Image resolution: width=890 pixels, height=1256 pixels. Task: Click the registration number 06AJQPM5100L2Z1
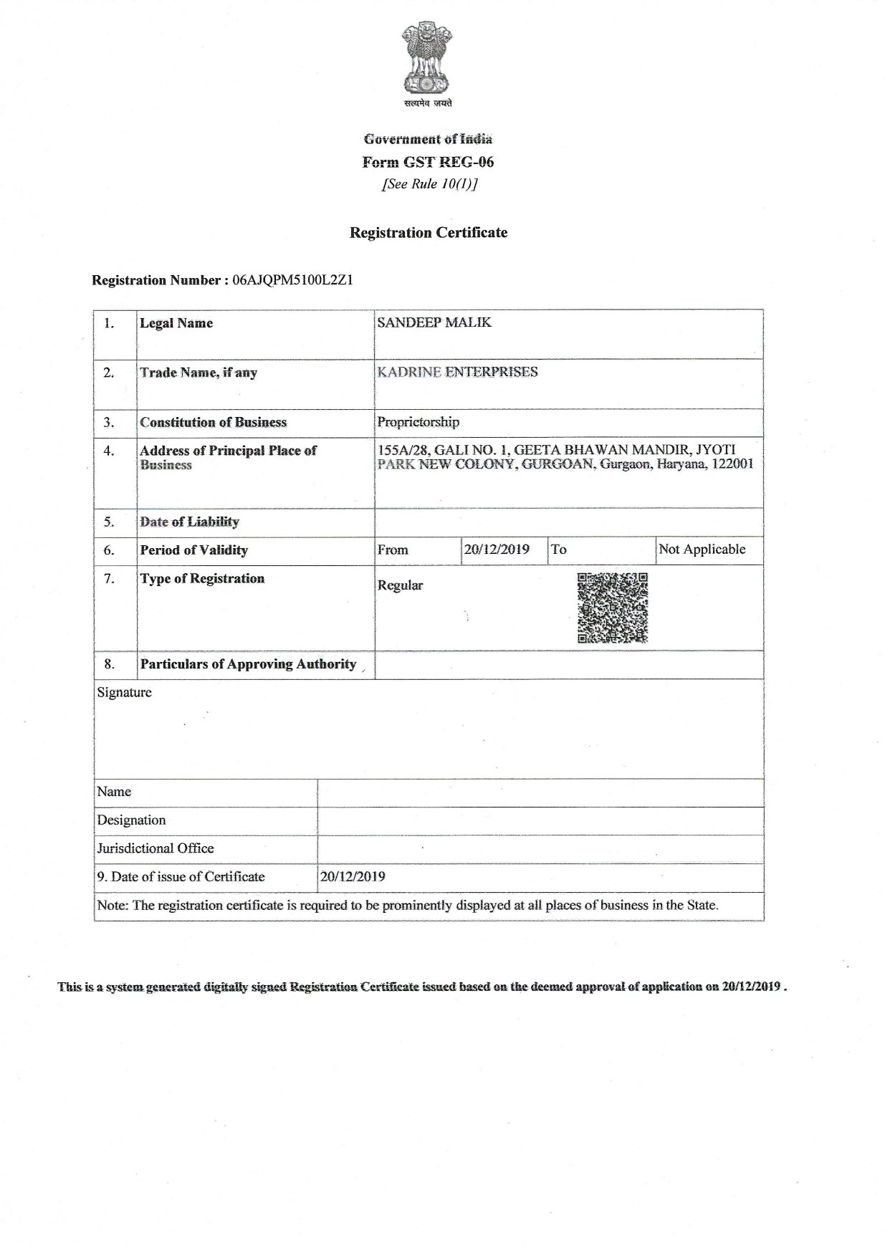click(x=292, y=280)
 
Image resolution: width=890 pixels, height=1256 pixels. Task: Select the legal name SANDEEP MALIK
click(x=434, y=322)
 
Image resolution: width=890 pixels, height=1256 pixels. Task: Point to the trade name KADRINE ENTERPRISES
click(x=457, y=372)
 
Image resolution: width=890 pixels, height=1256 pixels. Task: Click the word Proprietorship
click(x=418, y=422)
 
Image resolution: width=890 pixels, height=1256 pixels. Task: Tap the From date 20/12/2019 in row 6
click(x=497, y=550)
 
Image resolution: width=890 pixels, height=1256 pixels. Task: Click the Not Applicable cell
click(x=702, y=550)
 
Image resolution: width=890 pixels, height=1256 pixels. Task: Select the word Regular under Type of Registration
click(x=400, y=585)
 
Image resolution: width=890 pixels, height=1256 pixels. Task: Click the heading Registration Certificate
click(x=428, y=233)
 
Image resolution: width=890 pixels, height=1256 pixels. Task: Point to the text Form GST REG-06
click(x=428, y=162)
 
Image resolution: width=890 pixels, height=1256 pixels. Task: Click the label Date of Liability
click(x=189, y=522)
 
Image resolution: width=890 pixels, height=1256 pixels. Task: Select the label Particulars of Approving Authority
click(x=248, y=664)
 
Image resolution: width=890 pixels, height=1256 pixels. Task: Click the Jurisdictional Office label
click(x=155, y=848)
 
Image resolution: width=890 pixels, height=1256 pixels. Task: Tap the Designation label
click(x=131, y=820)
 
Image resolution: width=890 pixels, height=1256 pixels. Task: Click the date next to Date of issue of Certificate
click(x=353, y=876)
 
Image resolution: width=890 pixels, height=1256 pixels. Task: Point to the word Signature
click(x=125, y=693)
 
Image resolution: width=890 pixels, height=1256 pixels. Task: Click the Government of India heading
click(x=428, y=139)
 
